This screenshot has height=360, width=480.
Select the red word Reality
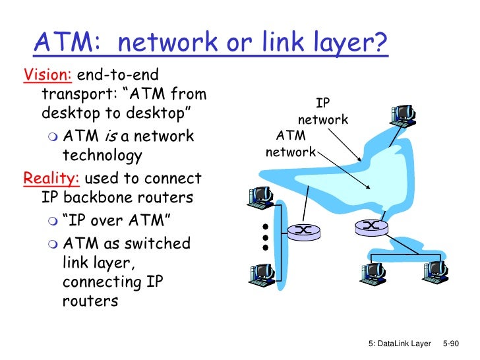click(45, 179)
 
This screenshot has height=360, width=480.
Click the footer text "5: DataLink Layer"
click(399, 344)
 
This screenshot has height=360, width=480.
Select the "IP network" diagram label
click(322, 111)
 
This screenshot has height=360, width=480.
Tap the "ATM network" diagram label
click(290, 144)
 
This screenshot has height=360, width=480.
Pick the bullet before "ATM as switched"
click(53, 244)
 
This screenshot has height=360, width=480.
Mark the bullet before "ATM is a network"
click(53, 137)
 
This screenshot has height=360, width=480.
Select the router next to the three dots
click(303, 229)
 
